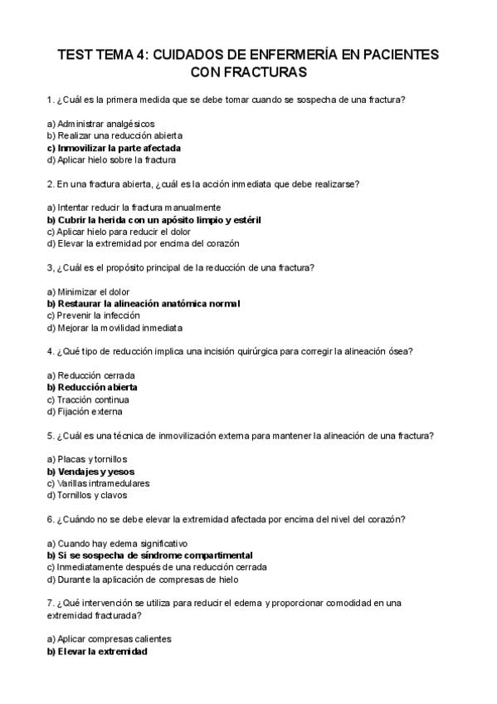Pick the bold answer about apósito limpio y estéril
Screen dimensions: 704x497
(153, 220)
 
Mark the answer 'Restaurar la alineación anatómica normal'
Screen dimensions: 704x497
(144, 304)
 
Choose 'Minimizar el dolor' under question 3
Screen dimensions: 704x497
(89, 291)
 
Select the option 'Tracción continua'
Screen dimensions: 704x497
(88, 399)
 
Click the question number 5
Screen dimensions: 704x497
(51, 435)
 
